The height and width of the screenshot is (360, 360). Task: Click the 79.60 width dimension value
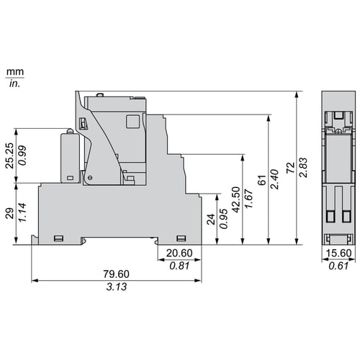116,274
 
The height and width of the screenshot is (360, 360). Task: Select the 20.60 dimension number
179,253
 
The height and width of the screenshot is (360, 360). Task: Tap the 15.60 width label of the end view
338,253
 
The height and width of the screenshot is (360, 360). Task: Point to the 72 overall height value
290,168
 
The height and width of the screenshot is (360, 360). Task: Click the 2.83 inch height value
303,168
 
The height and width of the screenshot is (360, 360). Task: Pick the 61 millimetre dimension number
262,180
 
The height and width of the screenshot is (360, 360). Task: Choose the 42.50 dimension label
236,199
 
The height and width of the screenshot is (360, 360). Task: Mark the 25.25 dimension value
9,156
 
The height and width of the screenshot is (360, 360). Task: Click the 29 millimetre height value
9,213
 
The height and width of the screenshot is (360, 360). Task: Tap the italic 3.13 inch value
117,287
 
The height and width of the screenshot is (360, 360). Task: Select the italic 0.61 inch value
338,266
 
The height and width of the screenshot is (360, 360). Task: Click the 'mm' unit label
15,72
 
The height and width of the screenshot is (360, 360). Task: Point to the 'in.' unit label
14,84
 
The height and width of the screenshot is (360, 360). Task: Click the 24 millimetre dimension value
211,219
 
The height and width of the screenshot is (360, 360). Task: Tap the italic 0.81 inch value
179,266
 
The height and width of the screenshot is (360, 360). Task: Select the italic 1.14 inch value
22,212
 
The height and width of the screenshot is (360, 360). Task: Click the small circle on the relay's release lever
90,178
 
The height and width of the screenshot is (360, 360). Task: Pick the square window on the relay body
133,121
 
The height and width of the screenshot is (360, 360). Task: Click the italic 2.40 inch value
275,179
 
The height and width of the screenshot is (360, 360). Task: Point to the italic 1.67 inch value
249,199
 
